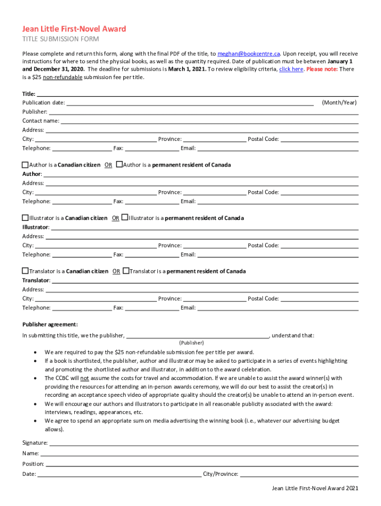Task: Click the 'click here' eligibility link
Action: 291,69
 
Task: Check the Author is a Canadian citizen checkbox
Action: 25,165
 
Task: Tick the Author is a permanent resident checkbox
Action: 119,165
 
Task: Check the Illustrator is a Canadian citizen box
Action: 25,218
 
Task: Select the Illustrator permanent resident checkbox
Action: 125,218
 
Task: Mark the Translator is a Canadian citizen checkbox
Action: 25,271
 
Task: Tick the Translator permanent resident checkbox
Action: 126,271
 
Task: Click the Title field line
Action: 198,94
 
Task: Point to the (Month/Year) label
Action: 339,103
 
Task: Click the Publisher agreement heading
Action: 50,325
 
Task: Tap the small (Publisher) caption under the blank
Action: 191,342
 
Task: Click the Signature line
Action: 203,443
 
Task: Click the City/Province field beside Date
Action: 299,474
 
